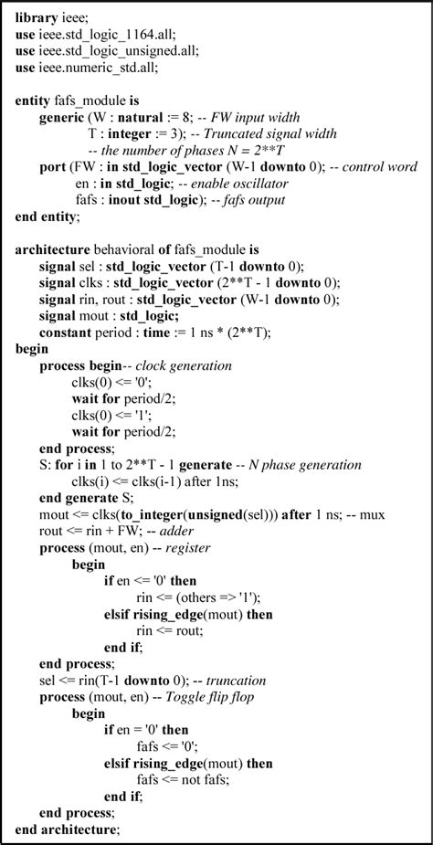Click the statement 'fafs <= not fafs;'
tap(186, 776)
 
